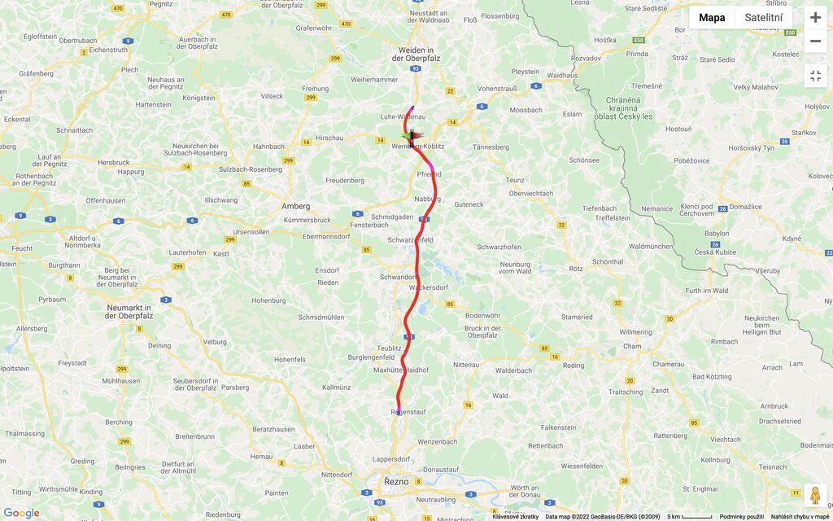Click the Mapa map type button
(712, 18)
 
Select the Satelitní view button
(763, 18)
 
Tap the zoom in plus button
(815, 17)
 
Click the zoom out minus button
(815, 41)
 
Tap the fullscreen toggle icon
(815, 76)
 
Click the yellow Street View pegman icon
(815, 495)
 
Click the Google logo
(21, 513)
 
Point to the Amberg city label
(295, 206)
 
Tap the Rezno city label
(396, 482)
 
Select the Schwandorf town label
(398, 277)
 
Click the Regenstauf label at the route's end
(408, 412)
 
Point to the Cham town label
(631, 347)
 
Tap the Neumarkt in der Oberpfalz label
(136, 312)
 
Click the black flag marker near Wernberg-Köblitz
(413, 138)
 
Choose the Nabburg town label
(428, 199)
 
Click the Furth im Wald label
(707, 291)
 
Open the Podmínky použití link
(742, 517)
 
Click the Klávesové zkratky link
(515, 517)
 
